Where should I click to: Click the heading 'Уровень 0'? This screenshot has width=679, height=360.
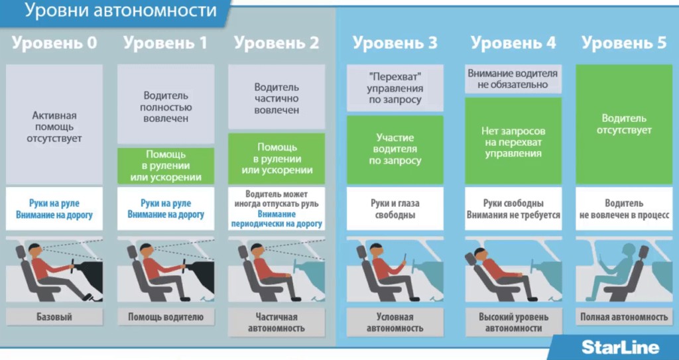[x=54, y=44]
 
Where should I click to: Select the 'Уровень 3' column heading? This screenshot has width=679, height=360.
[x=395, y=44]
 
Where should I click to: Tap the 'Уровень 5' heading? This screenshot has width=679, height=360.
[x=624, y=44]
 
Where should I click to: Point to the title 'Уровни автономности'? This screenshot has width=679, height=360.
[x=121, y=11]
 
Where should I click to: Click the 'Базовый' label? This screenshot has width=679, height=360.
[x=54, y=317]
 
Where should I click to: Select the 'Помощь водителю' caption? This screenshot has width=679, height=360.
[x=166, y=317]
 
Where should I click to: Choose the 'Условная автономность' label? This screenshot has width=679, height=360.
[x=395, y=322]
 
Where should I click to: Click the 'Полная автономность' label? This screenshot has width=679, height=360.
[x=624, y=317]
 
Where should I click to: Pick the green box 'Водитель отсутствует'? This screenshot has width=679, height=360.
[x=624, y=124]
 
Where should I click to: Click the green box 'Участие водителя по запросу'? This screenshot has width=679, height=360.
[x=395, y=149]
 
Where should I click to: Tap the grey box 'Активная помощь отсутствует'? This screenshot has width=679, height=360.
[x=54, y=126]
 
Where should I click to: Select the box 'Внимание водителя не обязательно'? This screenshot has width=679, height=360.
[x=513, y=79]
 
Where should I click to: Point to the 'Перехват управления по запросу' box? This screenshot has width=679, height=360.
[x=395, y=88]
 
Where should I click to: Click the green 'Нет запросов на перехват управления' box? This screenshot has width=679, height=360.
[x=513, y=141]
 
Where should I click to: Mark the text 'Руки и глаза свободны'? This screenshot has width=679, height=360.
[x=395, y=209]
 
